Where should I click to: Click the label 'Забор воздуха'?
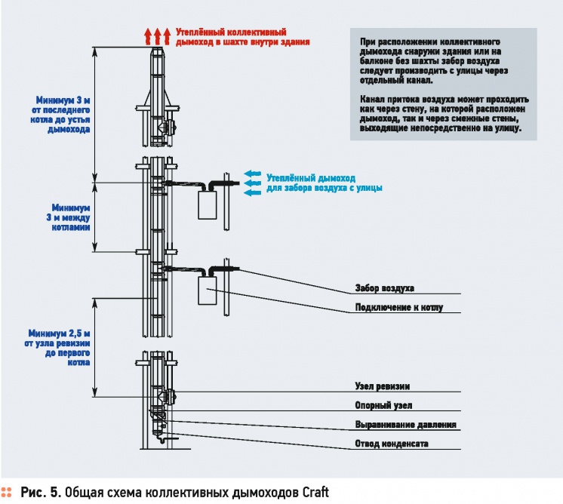coord(384,288)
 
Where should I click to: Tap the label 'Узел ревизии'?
coord(382,386)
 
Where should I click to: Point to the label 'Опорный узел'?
coord(383,406)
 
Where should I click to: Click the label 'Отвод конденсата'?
coord(392,444)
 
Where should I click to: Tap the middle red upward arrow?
coord(157,36)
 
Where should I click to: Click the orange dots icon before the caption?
coord(8,493)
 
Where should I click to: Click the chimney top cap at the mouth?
coord(157,53)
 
